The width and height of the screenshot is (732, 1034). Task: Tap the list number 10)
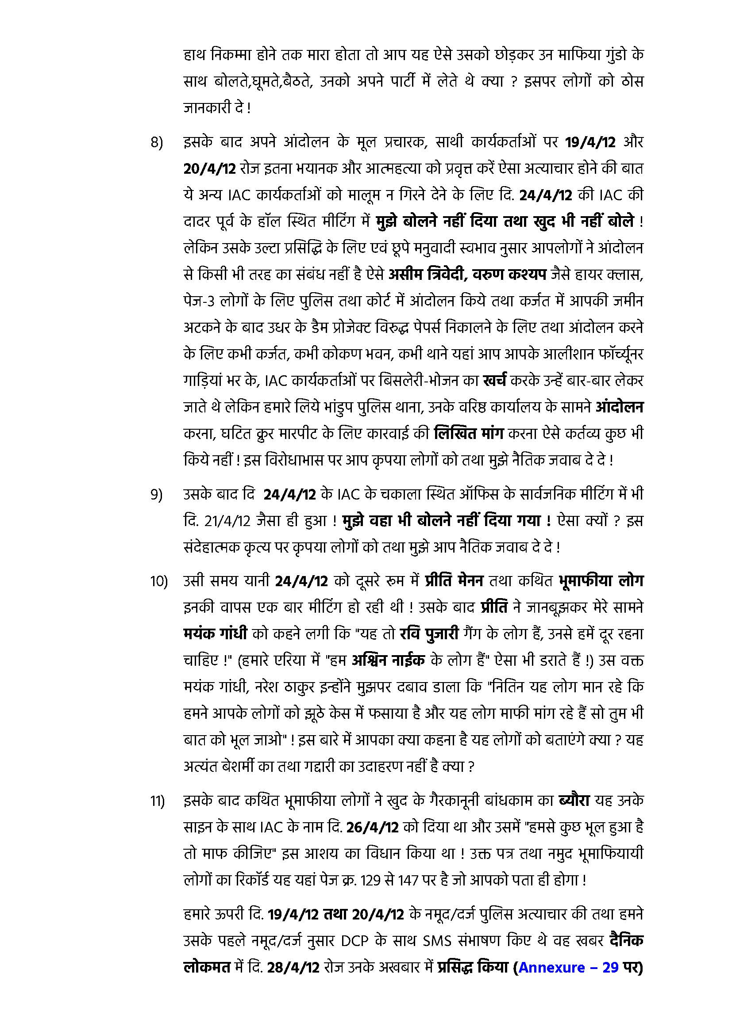click(159, 582)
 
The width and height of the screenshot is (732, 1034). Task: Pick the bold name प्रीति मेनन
click(454, 581)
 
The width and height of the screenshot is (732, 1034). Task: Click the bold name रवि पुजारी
click(429, 634)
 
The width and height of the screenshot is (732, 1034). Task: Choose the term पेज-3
click(199, 301)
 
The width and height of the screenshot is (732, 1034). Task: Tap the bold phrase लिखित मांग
click(469, 434)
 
